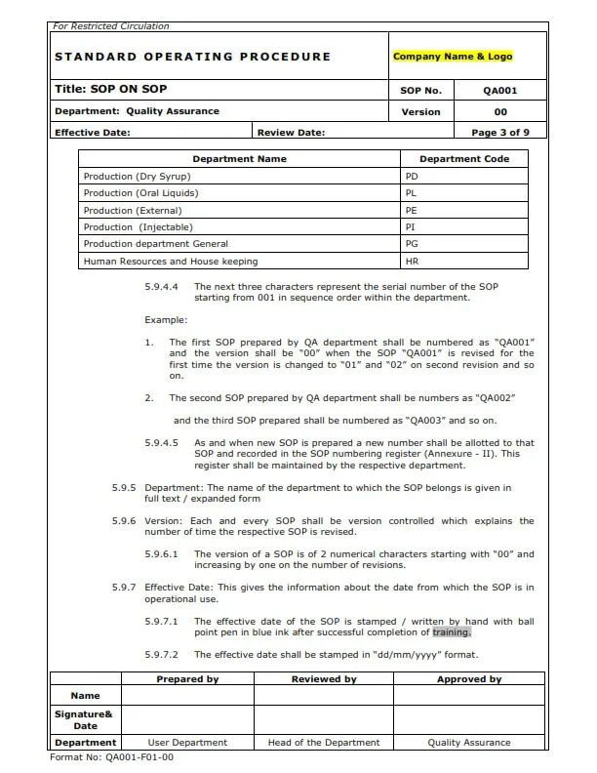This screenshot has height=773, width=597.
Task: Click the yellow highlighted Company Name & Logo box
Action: (x=452, y=57)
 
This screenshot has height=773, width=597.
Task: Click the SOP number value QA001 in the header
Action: (x=500, y=91)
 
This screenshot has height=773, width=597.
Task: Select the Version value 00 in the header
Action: (x=500, y=112)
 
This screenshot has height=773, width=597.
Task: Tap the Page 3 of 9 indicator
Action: (x=500, y=133)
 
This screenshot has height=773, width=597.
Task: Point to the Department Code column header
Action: (x=464, y=158)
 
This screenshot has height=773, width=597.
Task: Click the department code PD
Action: (x=411, y=177)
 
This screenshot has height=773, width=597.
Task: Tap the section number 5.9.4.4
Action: (x=162, y=287)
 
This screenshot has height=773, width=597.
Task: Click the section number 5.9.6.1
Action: (x=162, y=554)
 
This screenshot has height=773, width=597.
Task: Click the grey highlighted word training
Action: (x=451, y=631)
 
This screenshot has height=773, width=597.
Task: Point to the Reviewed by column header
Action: (x=324, y=679)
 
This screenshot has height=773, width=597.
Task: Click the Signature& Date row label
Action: (x=86, y=719)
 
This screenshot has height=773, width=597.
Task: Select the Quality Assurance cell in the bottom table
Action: (x=468, y=743)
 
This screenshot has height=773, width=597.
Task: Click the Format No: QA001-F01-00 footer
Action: (x=111, y=756)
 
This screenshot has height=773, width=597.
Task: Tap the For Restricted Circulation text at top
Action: (x=111, y=26)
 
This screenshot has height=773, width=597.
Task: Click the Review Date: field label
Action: (x=292, y=133)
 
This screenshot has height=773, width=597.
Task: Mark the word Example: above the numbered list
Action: (x=166, y=320)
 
